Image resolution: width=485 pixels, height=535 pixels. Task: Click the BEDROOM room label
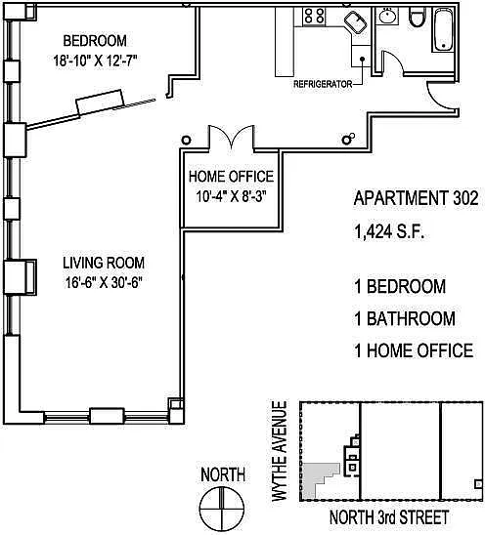click(95, 41)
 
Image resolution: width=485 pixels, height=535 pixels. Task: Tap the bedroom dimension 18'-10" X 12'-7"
click(95, 61)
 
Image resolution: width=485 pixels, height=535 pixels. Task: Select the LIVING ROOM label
click(104, 263)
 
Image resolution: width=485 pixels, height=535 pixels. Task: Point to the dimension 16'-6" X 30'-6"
click(104, 282)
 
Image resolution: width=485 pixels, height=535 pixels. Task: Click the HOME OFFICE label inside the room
click(232, 177)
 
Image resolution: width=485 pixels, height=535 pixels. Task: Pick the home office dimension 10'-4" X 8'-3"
click(231, 196)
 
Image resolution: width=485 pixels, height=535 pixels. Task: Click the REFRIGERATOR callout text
click(323, 84)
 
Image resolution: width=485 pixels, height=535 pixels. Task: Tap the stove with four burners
click(314, 17)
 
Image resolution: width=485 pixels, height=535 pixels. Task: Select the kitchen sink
click(356, 22)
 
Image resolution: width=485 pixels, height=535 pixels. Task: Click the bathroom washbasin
click(387, 16)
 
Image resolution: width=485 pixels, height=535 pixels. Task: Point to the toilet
click(418, 17)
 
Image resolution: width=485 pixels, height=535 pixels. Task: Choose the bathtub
click(443, 30)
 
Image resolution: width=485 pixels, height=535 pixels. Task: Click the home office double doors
click(232, 137)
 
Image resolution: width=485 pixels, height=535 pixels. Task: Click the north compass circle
click(222, 507)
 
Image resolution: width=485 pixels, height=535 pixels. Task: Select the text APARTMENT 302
click(416, 198)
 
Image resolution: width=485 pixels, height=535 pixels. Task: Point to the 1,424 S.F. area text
click(389, 232)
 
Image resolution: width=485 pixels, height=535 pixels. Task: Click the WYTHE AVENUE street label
click(280, 451)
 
